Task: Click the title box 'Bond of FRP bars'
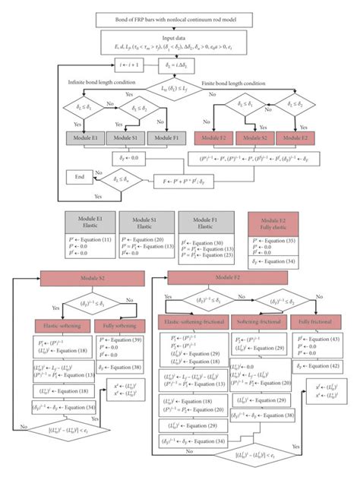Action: coord(180,18)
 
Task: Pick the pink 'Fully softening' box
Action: coord(122,326)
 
